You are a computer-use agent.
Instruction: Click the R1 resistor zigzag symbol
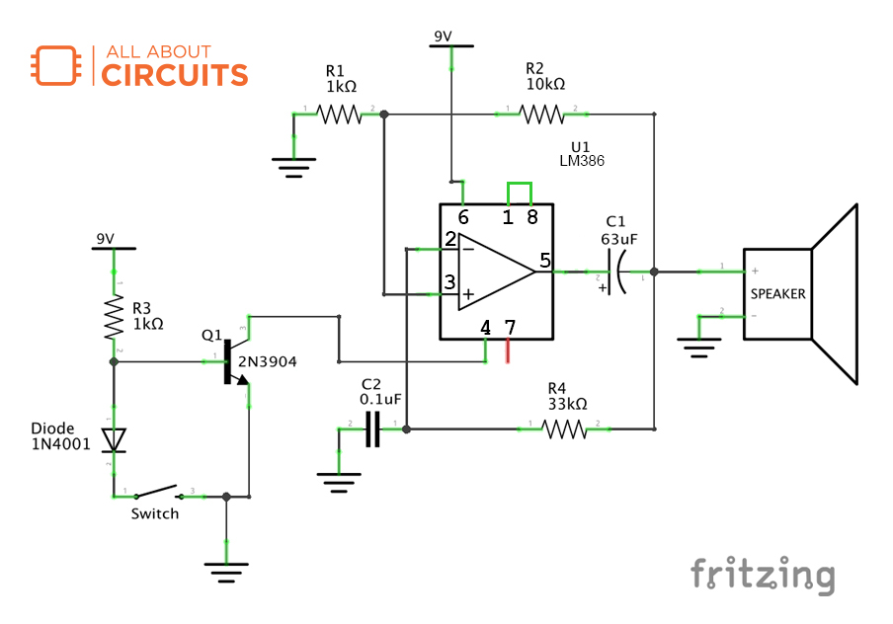point(339,116)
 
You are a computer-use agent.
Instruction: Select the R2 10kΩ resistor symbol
point(542,116)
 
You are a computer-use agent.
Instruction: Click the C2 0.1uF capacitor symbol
point(372,429)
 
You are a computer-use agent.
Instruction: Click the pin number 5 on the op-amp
point(544,261)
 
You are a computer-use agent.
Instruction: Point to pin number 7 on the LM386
point(510,327)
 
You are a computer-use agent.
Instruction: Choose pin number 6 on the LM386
point(463,217)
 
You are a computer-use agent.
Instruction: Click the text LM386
point(581,160)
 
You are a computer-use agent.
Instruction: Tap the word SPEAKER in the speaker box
point(777,294)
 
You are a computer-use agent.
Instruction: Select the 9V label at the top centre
point(443,37)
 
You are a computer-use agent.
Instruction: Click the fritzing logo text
point(762,575)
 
